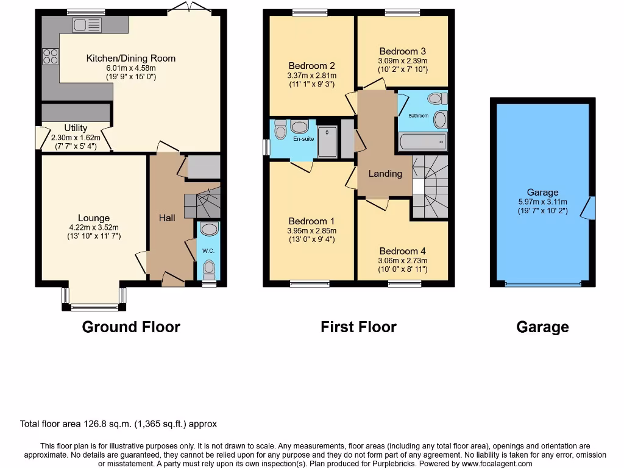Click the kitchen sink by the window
(87, 25)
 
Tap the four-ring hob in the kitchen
(50, 56)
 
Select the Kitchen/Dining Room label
(130, 58)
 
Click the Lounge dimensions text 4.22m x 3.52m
(94, 227)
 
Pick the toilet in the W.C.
(209, 267)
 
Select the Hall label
(167, 218)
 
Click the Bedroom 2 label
(311, 66)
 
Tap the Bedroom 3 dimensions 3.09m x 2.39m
(403, 61)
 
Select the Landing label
(385, 174)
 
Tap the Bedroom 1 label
(311, 221)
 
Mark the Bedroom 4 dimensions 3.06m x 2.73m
(403, 260)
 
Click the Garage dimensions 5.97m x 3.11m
(542, 202)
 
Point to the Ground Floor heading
(131, 327)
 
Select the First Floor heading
(358, 327)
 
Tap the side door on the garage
(589, 208)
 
